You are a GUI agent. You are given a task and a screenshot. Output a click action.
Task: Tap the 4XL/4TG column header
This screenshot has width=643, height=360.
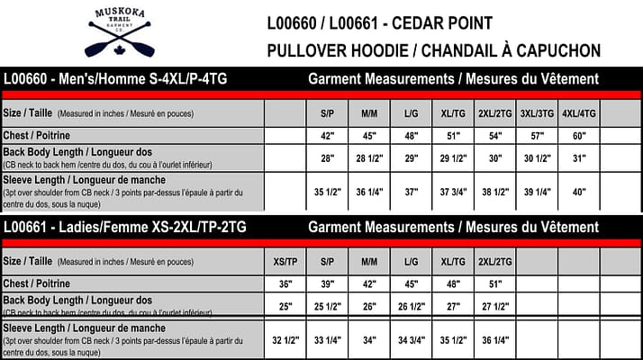point(577,114)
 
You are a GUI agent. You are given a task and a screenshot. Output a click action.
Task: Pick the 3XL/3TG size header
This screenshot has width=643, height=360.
point(537,114)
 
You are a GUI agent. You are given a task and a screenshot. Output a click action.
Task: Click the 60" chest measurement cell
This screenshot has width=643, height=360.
point(577,135)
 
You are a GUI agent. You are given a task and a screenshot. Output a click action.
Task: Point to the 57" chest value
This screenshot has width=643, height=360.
point(537,135)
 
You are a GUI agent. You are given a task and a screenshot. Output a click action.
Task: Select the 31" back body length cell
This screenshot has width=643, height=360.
point(577,157)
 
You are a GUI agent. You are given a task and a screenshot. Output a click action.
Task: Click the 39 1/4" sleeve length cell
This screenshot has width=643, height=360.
point(537,192)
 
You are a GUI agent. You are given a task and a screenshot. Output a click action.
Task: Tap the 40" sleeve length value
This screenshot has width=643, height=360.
point(577,192)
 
